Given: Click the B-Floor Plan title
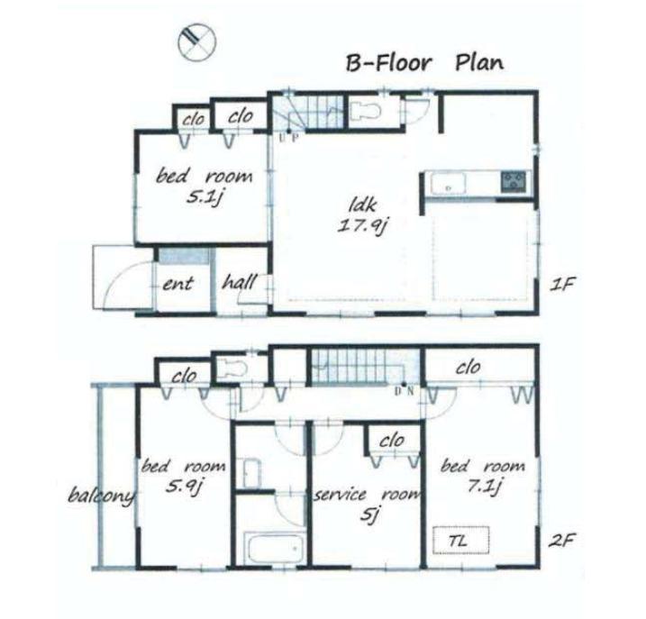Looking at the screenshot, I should click(x=424, y=63).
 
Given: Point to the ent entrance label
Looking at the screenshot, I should click(x=177, y=284).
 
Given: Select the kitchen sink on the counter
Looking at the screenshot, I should click(x=448, y=184).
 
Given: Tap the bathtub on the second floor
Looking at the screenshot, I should click(x=270, y=546).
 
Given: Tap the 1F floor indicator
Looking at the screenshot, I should click(x=564, y=284).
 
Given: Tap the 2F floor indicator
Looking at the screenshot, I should click(x=564, y=542).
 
